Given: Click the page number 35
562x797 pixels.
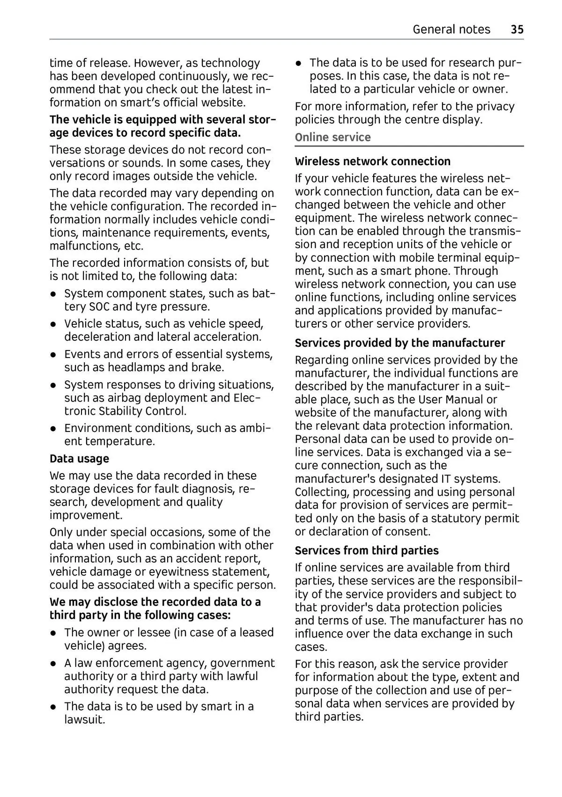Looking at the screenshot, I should [517, 29].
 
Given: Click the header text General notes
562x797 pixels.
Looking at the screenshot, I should [451, 29].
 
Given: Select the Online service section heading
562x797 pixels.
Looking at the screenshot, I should [333, 137].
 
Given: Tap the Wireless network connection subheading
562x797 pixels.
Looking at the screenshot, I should [372, 161].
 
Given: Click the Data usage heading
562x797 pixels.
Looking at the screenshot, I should [79, 459].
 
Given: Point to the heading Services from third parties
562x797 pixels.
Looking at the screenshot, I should [367, 550].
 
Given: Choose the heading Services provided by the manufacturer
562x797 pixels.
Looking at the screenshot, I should [399, 343].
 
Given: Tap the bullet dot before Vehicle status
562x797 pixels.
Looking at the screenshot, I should [54, 324].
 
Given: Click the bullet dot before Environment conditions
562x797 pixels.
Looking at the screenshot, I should [54, 429].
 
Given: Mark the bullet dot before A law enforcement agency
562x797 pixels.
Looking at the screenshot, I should [54, 664].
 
